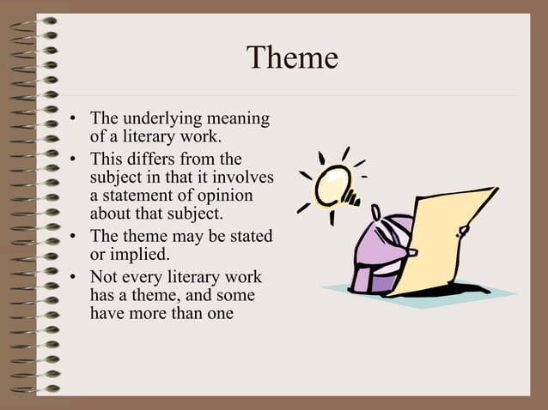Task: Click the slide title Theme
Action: (x=292, y=58)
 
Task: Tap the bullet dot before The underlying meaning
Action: (x=75, y=119)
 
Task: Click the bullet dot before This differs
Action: (x=75, y=160)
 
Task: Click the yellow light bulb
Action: (x=332, y=182)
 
